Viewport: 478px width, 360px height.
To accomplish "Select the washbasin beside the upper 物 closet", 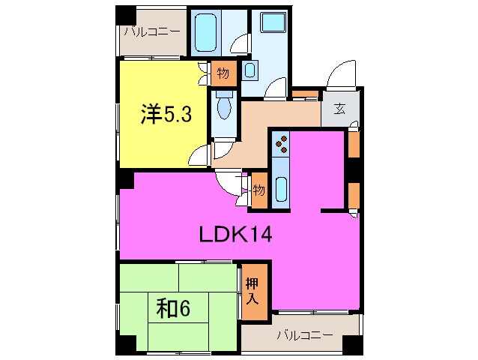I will point(249,72).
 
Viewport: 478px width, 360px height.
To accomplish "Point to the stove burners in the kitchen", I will point(282,140).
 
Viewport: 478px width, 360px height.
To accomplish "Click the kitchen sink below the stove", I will point(280,188).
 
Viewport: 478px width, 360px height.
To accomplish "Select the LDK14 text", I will point(235,235).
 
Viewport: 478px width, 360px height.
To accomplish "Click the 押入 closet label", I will point(252,289).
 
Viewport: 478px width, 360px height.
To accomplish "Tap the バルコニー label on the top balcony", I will point(152,31).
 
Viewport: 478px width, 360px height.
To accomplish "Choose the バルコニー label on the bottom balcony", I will point(303,334).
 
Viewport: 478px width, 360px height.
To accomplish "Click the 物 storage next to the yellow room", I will point(223,73).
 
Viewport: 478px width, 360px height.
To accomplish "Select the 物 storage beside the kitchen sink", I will point(259,187).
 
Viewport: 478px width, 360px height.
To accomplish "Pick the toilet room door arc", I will point(222,150).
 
